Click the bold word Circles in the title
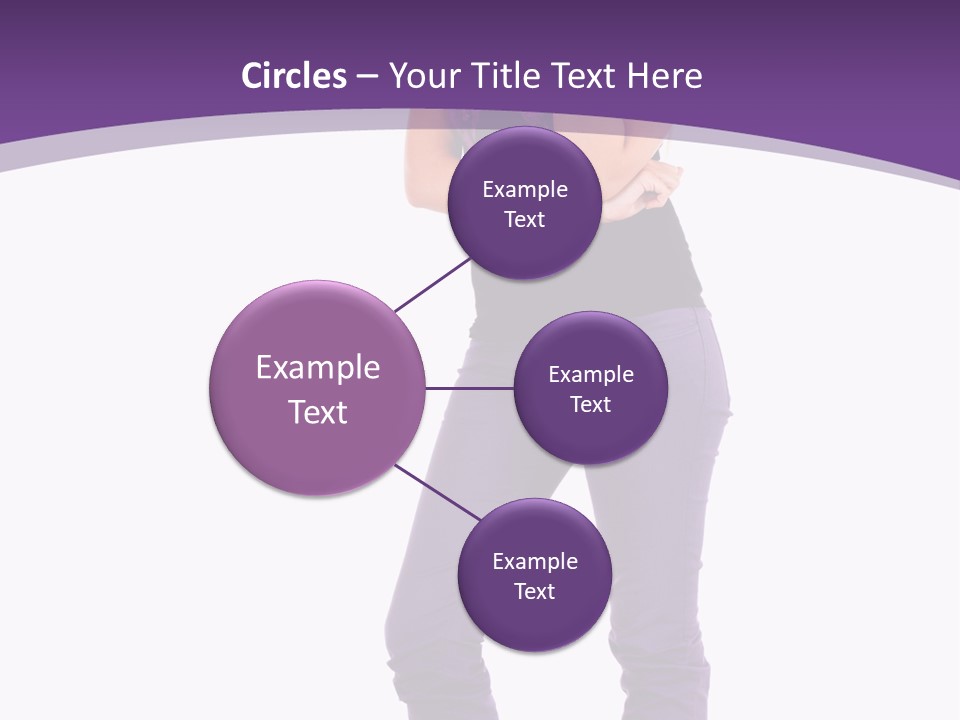[294, 76]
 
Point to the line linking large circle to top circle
[432, 285]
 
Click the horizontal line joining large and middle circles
[469, 388]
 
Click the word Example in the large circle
[318, 368]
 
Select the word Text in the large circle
[318, 412]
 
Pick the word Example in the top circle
[525, 190]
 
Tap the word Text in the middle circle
[590, 404]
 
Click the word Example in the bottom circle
[535, 562]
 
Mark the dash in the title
[367, 77]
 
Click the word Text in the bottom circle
[534, 592]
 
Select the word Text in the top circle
[524, 220]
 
